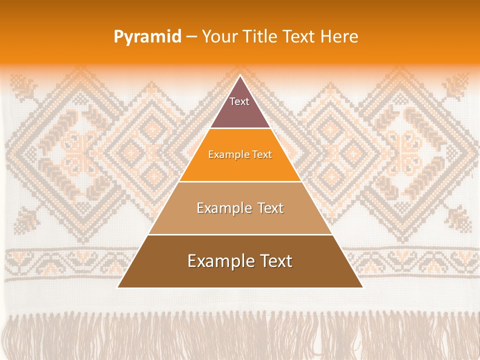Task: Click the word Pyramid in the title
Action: click(147, 37)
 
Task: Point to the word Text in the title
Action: click(299, 36)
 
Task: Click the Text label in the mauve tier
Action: click(239, 101)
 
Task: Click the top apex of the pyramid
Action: click(240, 76)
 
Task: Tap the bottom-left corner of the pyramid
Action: click(118, 287)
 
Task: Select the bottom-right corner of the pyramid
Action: click(362, 287)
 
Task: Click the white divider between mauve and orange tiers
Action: click(240, 128)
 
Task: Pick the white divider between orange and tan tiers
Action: click(240, 181)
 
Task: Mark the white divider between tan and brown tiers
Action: click(240, 234)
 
